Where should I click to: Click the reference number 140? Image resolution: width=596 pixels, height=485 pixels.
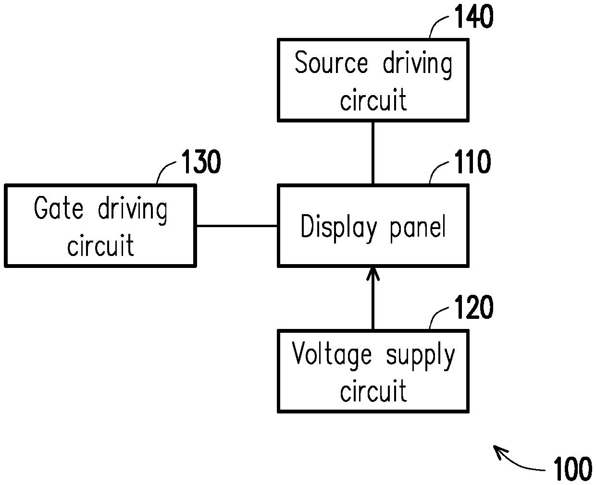(474, 17)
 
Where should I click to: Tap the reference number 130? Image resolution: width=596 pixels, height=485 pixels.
(201, 161)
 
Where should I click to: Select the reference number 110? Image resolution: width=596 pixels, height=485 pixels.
(472, 161)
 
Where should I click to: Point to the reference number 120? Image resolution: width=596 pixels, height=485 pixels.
(474, 307)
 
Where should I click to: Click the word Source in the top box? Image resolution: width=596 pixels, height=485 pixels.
(331, 62)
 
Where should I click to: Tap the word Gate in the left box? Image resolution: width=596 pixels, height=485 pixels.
(59, 207)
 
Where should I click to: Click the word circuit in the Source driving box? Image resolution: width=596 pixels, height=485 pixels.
(373, 99)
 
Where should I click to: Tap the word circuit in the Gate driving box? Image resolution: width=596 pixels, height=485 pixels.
(100, 245)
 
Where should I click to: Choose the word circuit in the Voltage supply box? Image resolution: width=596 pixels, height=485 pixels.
(373, 390)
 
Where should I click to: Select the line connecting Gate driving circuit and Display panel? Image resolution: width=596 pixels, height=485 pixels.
(237, 226)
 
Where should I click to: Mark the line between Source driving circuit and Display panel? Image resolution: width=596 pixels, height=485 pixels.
(373, 153)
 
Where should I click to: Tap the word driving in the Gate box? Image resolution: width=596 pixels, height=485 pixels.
(132, 210)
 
